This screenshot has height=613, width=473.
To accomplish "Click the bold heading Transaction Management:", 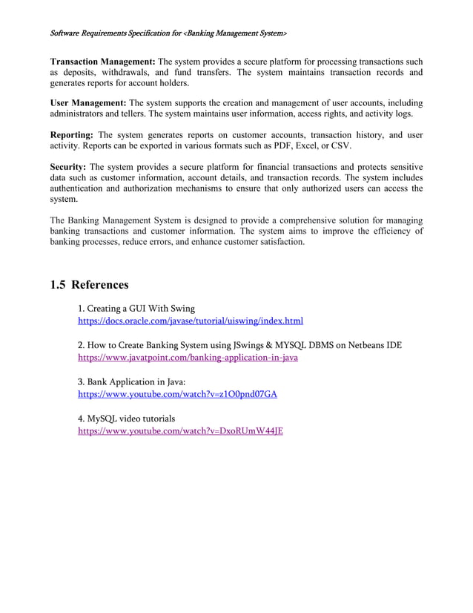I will tap(102, 62).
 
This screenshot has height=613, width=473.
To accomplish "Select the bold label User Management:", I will tap(88, 102).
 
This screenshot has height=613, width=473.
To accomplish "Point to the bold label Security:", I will tap(67, 167).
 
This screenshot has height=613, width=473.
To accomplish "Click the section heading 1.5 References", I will tap(89, 284).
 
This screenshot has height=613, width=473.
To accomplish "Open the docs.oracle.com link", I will tap(191, 321).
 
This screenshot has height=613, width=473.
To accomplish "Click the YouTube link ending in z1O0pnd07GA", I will tap(177, 394).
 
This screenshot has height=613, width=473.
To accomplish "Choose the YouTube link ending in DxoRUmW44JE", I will tap(180, 430).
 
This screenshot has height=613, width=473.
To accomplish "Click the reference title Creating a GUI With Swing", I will tap(136, 309).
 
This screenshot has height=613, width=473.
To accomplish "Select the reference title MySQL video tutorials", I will tap(126, 419).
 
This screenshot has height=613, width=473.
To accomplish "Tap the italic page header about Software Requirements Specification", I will tap(168, 34).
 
